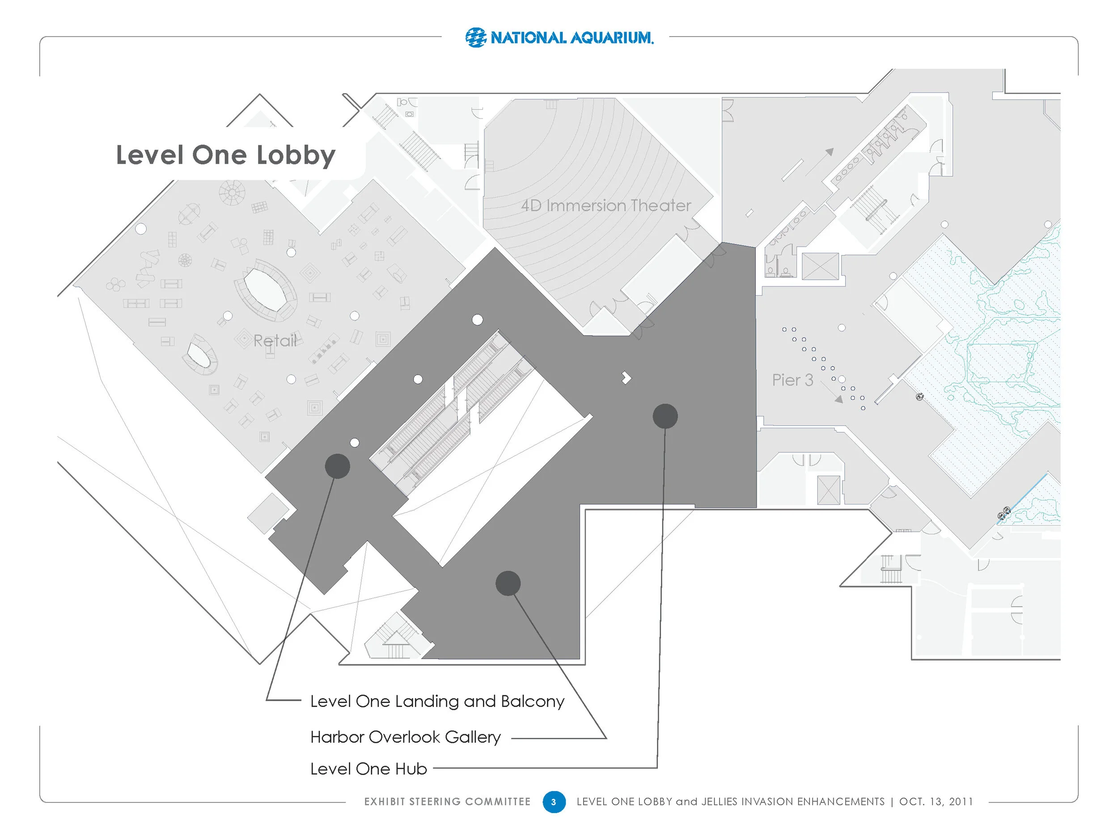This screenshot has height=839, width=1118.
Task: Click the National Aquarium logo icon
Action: coord(475,38)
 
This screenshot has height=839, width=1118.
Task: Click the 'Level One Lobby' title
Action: coord(225,155)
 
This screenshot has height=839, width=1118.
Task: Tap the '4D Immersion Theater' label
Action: coord(606,206)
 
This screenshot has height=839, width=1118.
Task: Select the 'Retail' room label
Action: coord(275,341)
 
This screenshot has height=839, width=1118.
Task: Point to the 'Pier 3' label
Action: coord(792,380)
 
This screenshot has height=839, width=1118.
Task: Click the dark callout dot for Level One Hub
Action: coord(665,416)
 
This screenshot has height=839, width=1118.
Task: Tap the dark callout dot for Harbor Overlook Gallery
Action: coord(508,583)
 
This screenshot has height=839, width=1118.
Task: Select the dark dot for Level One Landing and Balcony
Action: coord(338,466)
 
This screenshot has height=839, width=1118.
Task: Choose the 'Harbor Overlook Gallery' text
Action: coord(405,737)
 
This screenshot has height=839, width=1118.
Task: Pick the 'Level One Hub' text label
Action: coord(368,769)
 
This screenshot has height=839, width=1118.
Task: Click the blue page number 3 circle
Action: coord(554,801)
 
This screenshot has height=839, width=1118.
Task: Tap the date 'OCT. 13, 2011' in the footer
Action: coord(936,801)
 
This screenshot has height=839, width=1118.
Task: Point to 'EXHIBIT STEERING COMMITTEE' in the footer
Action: coord(447,801)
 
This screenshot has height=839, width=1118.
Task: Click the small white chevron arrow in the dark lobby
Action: coord(627,378)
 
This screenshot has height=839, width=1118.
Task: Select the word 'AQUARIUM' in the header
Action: coord(612,38)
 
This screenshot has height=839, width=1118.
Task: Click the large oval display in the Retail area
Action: coord(263,290)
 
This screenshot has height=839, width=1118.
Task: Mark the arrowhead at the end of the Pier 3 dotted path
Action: coord(839,400)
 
